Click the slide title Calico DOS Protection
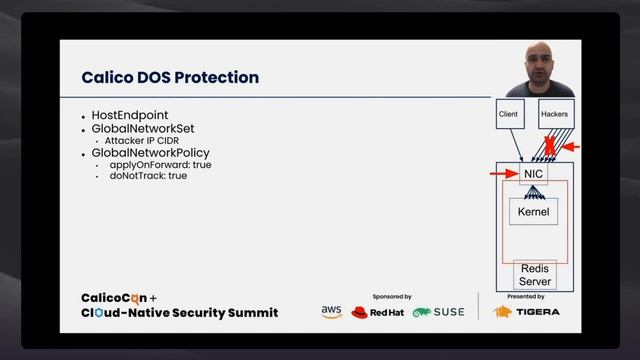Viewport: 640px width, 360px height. pyautogui.click(x=170, y=77)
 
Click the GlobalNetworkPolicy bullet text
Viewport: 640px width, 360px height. pyautogui.click(x=150, y=153)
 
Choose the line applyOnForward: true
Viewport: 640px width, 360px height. pyautogui.click(x=160, y=164)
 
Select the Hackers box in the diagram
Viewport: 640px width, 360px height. pyautogui.click(x=554, y=115)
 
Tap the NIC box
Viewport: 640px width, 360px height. pyautogui.click(x=534, y=174)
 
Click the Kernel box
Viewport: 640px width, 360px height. pyautogui.click(x=533, y=212)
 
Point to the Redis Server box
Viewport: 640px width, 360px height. pyautogui.click(x=534, y=275)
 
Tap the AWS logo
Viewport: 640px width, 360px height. pyautogui.click(x=331, y=311)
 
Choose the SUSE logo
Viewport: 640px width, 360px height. pyautogui.click(x=438, y=312)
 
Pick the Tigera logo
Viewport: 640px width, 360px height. pyautogui.click(x=527, y=311)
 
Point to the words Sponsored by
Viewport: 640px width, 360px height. pyautogui.click(x=391, y=297)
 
